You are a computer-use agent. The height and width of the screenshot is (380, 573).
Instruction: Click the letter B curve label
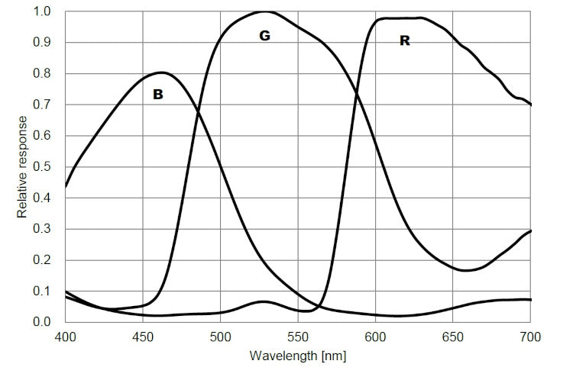[x=158, y=95]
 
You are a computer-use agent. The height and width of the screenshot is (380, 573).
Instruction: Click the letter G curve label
[x=264, y=36]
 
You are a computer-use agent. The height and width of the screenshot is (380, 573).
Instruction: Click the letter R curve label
[x=404, y=41]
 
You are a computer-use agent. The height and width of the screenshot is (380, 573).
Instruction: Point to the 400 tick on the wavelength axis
[x=66, y=336]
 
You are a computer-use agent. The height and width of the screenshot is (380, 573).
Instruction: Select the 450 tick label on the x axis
[x=143, y=336]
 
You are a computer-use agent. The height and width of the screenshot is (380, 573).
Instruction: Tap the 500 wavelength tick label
[x=220, y=336]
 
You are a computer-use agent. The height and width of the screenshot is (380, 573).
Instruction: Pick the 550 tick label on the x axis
[x=298, y=336]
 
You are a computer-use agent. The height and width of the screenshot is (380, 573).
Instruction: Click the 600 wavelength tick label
[x=375, y=336]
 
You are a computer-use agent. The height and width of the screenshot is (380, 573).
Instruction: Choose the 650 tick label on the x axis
[x=452, y=336]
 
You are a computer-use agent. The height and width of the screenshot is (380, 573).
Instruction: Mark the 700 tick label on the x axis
[x=529, y=336]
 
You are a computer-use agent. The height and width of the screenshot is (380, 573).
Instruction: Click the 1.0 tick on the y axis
[x=44, y=12]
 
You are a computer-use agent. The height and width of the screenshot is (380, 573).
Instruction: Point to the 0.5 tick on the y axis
[x=44, y=167]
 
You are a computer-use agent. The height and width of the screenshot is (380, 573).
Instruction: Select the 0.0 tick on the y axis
[x=44, y=322]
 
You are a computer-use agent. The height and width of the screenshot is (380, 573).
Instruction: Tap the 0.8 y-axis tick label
[x=44, y=74]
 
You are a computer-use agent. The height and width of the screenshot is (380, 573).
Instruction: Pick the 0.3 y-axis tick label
[x=44, y=229]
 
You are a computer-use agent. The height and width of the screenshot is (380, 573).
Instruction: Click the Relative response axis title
[x=22, y=167]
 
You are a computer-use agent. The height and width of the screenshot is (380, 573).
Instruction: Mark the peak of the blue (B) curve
[x=160, y=72]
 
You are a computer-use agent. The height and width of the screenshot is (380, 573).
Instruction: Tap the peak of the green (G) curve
[x=264, y=11]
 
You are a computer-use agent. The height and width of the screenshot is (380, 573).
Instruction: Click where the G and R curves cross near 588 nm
[x=357, y=93]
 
